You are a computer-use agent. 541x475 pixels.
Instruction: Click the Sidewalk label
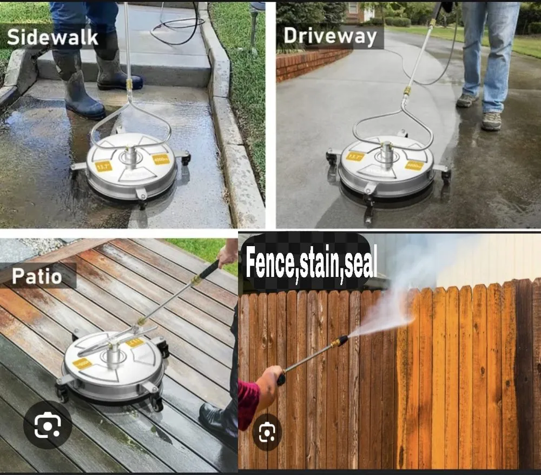point(52,37)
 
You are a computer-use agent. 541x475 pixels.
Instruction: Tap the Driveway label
point(329,36)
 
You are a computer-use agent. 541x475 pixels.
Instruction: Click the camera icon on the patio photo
point(47,425)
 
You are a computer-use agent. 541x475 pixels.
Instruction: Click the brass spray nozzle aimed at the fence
point(340,341)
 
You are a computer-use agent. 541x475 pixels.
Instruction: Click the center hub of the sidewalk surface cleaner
point(130,156)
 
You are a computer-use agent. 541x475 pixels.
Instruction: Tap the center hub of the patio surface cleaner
point(113,358)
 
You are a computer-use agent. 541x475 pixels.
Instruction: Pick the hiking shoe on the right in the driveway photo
point(491,121)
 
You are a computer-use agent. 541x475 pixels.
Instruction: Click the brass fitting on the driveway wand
point(407,91)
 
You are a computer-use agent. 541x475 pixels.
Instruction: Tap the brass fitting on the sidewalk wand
point(129,85)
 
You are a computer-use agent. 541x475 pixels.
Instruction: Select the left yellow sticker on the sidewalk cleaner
point(103,167)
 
